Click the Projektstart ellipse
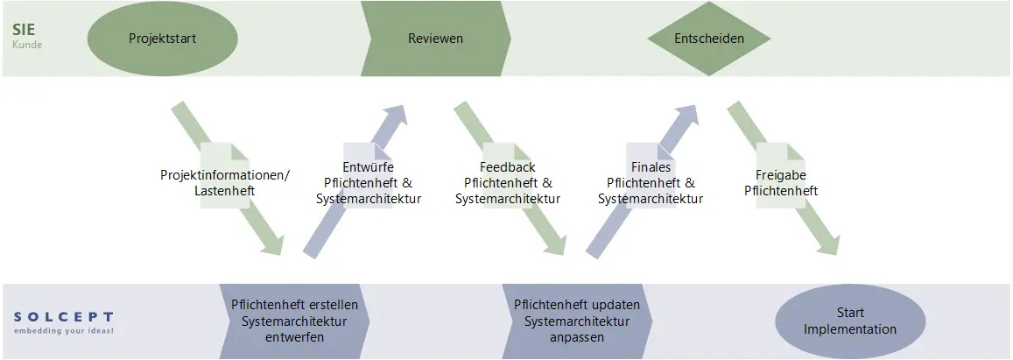(x=163, y=39)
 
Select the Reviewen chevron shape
(x=435, y=39)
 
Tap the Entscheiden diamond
(x=709, y=39)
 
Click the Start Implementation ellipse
(x=850, y=321)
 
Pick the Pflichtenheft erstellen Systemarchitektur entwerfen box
(x=294, y=321)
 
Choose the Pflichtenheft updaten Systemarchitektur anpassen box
(x=577, y=321)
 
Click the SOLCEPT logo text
(x=63, y=316)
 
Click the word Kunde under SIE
(x=27, y=44)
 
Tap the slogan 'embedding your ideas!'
(x=63, y=331)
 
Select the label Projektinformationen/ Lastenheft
(x=224, y=182)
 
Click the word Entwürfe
(x=368, y=167)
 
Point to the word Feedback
(x=508, y=167)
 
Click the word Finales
(x=651, y=167)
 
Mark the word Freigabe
(x=781, y=174)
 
